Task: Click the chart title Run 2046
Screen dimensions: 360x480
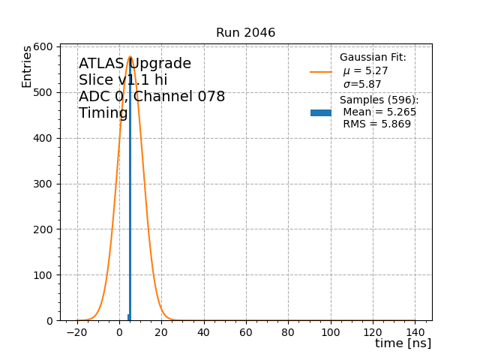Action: click(245, 33)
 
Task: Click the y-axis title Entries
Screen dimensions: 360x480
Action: click(27, 66)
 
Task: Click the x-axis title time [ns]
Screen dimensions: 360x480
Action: click(403, 343)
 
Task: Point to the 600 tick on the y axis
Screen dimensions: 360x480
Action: click(43, 46)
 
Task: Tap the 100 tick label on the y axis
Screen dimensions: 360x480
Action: click(43, 275)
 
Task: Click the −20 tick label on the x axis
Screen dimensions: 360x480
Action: click(76, 331)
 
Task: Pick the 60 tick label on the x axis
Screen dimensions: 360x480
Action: click(246, 331)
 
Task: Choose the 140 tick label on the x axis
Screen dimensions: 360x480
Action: click(415, 331)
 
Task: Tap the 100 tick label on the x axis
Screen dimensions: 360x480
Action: click(330, 331)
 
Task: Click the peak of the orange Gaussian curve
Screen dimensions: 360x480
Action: click(130, 57)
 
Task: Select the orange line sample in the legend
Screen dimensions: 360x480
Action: click(321, 72)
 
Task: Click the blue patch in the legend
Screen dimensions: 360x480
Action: click(321, 112)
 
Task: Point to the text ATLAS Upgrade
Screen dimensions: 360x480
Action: click(135, 64)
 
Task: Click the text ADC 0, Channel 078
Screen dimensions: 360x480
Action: click(151, 97)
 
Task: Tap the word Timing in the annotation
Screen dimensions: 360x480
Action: click(103, 113)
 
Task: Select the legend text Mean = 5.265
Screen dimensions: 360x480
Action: click(379, 112)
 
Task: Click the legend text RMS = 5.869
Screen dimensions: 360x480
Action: click(376, 124)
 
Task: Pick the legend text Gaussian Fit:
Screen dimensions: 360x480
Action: click(373, 58)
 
